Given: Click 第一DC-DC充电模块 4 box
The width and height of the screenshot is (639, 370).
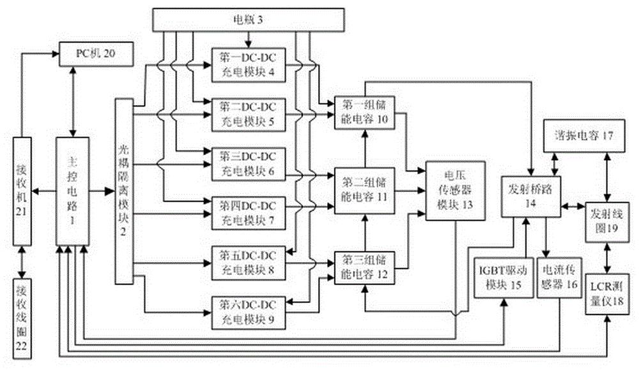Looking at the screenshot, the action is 248,63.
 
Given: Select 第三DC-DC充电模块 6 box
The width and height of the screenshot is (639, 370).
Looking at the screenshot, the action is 248,163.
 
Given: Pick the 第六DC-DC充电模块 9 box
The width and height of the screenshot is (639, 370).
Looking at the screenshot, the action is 248,311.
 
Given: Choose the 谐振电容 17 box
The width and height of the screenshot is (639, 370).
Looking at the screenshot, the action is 581,135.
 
